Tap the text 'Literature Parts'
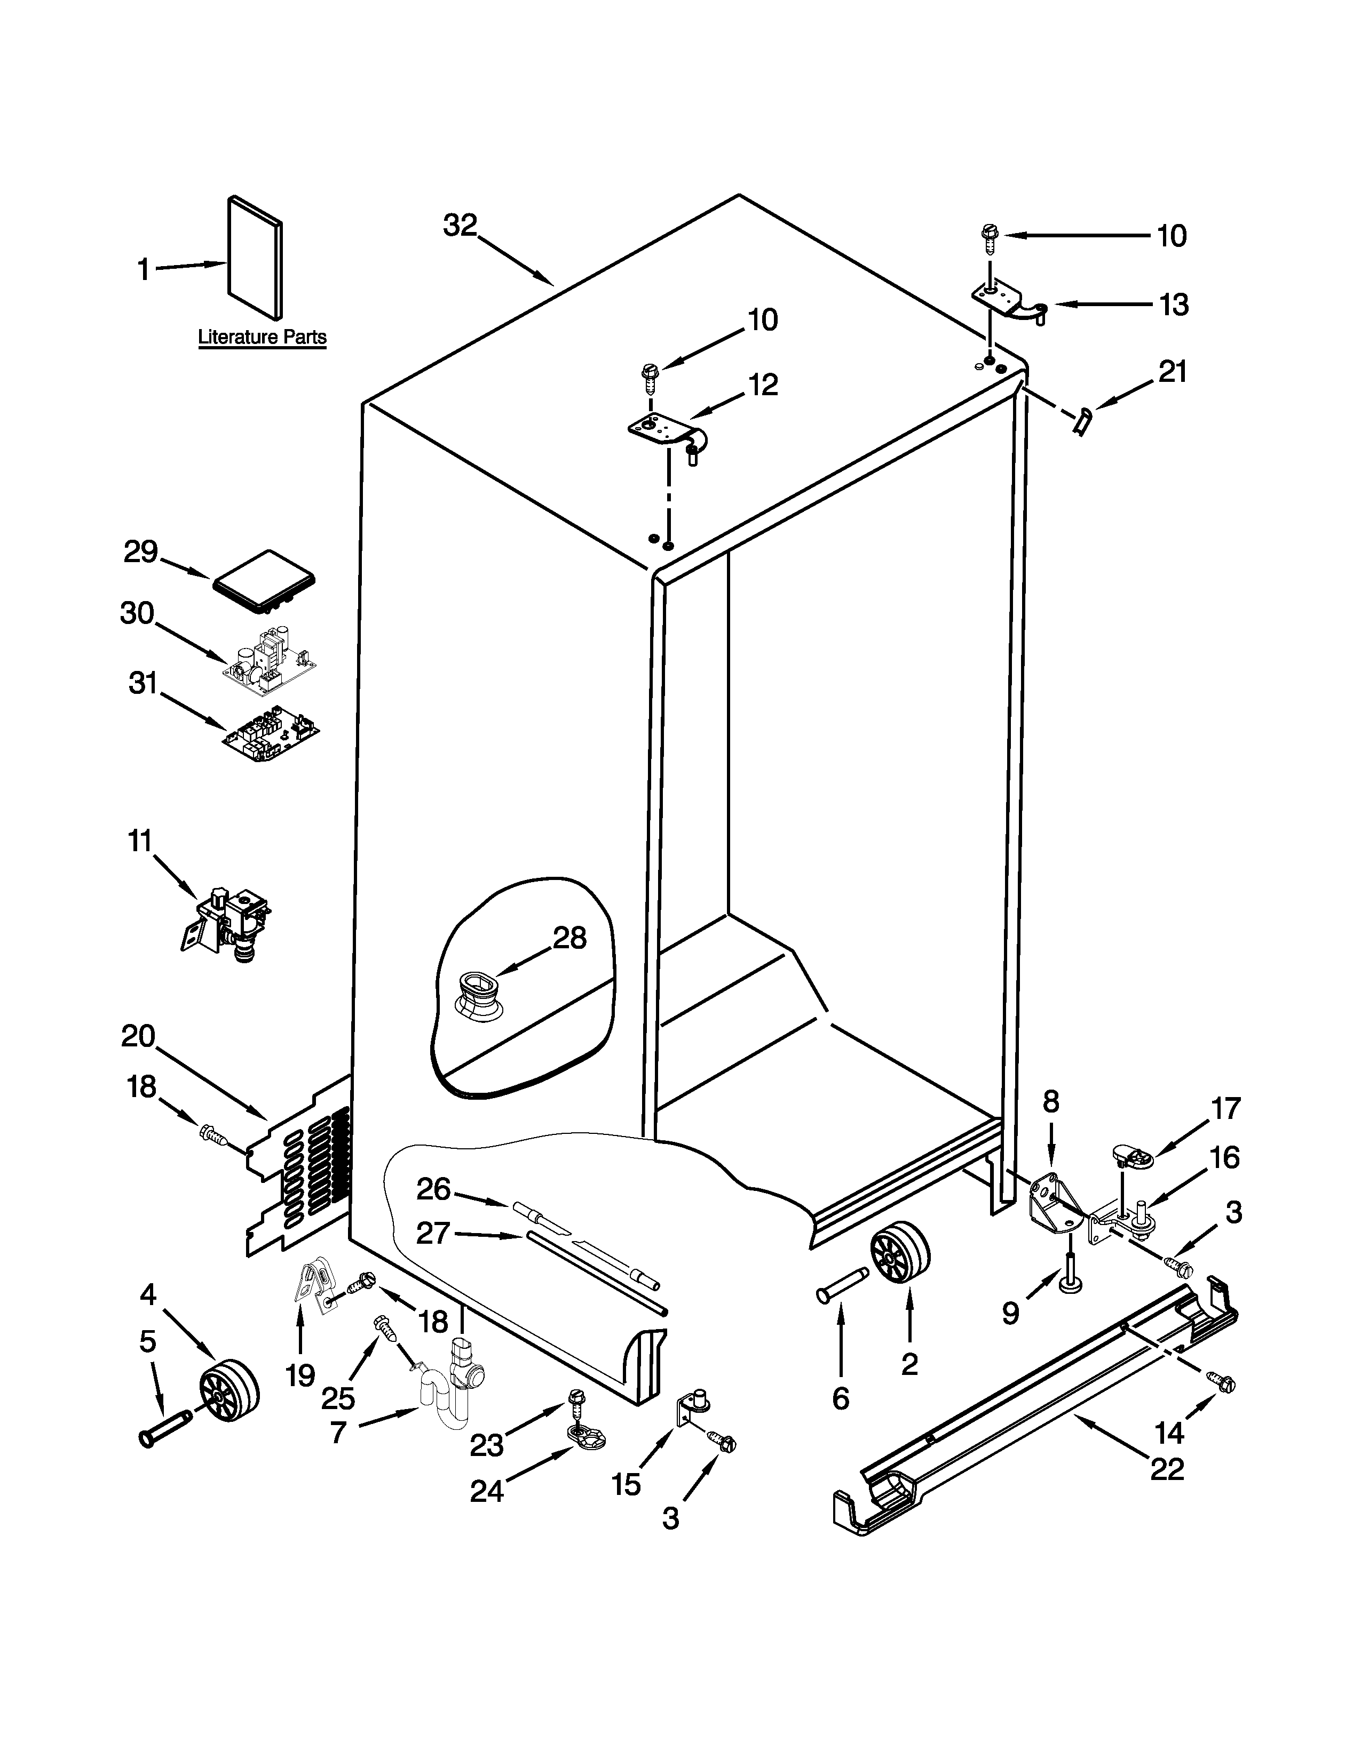tap(262, 337)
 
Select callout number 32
tap(461, 226)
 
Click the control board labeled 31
tap(272, 735)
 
